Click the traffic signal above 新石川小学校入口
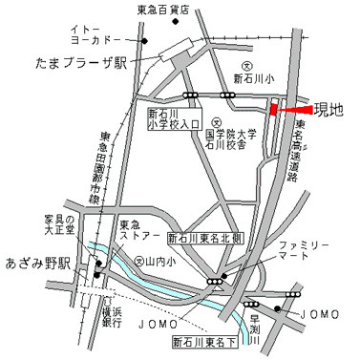pos(192,96)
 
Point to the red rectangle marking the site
pos(273,111)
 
